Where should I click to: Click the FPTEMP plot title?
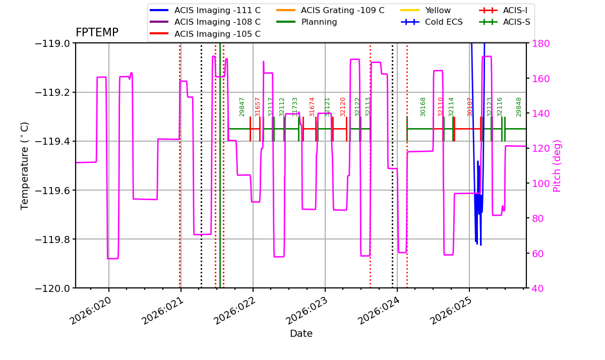(97, 33)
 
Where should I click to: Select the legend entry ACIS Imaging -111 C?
(205, 10)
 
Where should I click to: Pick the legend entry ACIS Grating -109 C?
(330, 10)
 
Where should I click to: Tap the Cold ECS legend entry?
(432, 22)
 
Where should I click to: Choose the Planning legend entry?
(307, 22)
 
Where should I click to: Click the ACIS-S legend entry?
(505, 22)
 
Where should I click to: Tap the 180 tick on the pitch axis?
(540, 43)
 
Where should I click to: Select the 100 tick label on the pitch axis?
(540, 184)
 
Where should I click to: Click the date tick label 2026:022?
(234, 311)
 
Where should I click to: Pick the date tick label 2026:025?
(450, 311)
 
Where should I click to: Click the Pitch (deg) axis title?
(557, 166)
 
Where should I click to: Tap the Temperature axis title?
(24, 166)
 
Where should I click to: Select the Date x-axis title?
(301, 334)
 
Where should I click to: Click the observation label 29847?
(241, 107)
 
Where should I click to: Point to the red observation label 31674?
(312, 107)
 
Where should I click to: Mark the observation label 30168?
(422, 107)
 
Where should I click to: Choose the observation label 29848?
(519, 107)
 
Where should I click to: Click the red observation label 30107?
(470, 107)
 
